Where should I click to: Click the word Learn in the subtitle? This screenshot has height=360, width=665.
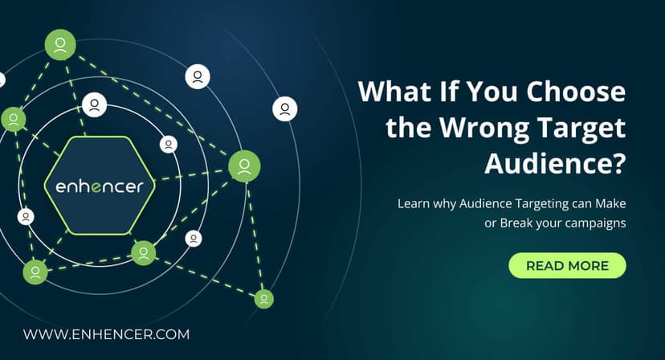[414, 203]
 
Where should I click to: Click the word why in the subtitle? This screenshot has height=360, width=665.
[446, 203]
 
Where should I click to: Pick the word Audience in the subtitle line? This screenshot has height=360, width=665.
[485, 203]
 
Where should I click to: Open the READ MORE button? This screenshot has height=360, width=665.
[567, 265]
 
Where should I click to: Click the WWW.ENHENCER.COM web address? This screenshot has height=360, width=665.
[105, 333]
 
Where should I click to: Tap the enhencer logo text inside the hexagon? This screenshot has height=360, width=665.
[100, 187]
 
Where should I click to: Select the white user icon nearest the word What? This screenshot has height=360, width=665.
[285, 108]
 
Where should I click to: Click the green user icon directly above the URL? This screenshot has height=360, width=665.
[35, 272]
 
